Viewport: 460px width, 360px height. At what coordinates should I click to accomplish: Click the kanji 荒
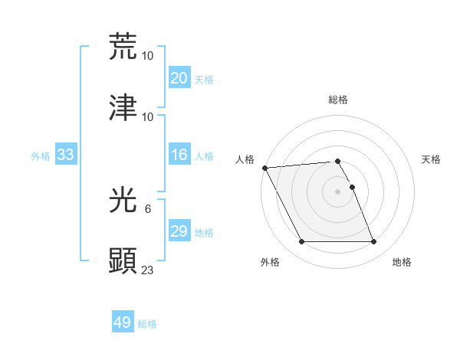123,47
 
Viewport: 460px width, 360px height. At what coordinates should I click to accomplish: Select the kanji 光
123,200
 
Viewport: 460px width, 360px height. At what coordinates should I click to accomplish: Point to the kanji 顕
123,260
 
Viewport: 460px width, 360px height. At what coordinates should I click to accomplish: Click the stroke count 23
148,269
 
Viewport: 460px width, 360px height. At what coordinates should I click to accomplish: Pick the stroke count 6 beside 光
148,208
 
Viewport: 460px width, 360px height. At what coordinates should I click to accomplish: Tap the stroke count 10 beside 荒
148,55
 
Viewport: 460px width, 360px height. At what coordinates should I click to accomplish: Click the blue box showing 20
179,78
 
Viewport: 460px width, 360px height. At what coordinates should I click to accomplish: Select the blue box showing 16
179,155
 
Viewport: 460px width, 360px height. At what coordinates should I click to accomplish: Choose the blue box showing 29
179,231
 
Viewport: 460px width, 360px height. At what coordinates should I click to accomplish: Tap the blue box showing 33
66,155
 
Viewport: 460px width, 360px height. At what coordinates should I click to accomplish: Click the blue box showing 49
123,322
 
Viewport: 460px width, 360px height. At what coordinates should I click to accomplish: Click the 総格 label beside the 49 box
148,324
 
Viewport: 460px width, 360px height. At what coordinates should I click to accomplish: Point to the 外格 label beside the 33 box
41,155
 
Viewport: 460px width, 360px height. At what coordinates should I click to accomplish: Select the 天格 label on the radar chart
432,159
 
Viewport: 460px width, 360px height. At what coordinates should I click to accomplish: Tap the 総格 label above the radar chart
338,100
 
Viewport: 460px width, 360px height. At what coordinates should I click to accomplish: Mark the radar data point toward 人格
264,168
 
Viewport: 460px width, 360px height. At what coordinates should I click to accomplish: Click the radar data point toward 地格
374,242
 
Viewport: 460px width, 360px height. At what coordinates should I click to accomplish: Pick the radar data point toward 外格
301,242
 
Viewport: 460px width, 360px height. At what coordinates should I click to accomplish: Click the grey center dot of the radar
338,191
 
